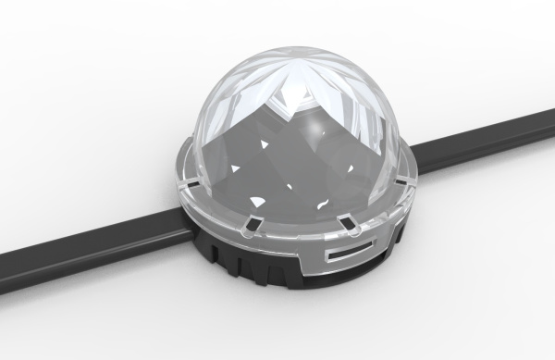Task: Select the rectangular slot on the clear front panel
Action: pyautogui.click(x=351, y=251)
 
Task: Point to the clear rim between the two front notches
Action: pyautogui.click(x=301, y=231)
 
